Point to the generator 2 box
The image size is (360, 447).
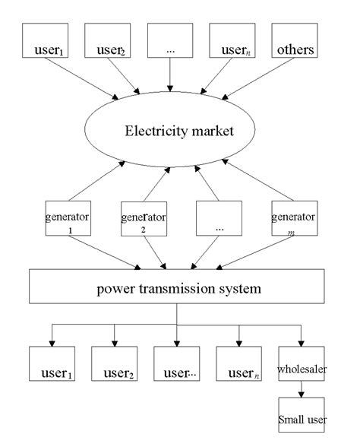click(144, 220)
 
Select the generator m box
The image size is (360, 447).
click(293, 220)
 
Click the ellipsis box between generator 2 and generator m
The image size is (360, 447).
click(219, 220)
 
